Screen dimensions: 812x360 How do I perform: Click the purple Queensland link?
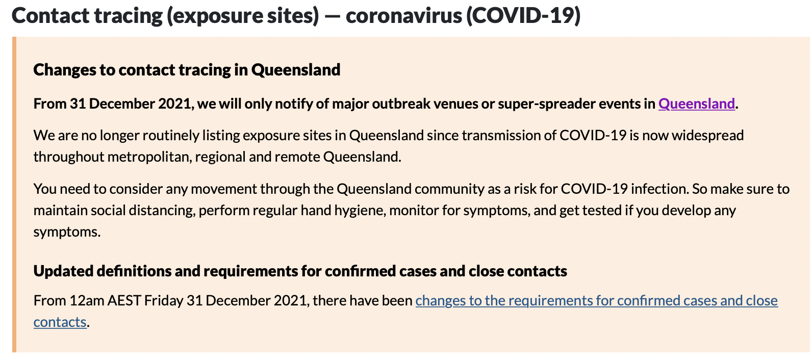(696, 104)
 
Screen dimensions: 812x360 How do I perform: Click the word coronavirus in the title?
(403, 16)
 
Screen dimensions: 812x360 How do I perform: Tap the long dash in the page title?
(333, 17)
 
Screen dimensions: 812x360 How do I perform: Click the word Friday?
(164, 301)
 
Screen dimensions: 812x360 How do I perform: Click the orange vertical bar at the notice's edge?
(14, 194)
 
